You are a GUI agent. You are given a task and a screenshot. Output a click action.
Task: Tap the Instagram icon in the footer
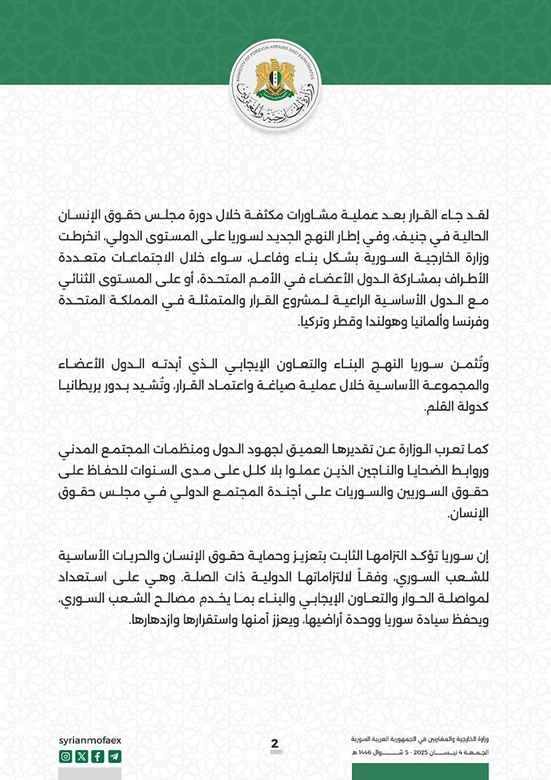tap(66, 756)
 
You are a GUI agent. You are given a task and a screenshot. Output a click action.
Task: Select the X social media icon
tap(81, 756)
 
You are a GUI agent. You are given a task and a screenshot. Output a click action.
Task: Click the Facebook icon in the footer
tap(98, 756)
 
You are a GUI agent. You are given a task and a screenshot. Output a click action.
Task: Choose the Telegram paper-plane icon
tap(114, 756)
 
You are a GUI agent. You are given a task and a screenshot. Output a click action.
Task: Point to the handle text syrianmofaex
tap(90, 740)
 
